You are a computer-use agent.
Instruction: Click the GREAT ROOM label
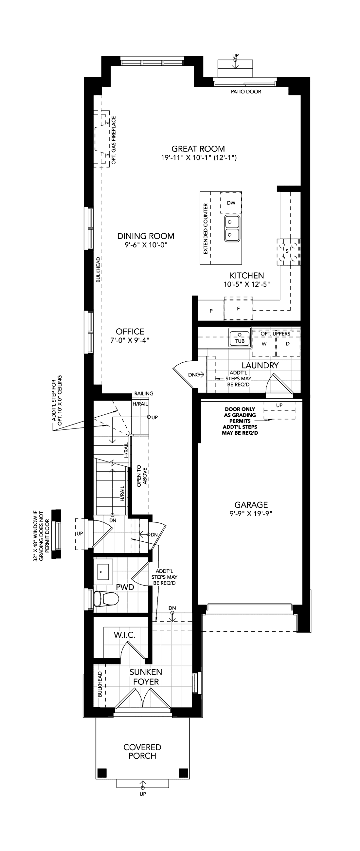[198, 149]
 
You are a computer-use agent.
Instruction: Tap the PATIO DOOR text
[246, 92]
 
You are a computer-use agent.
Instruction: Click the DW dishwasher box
[231, 203]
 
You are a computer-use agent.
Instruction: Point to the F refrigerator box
[239, 309]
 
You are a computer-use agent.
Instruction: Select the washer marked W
[264, 344]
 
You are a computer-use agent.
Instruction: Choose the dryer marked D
[288, 344]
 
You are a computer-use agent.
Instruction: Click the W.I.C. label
[125, 635]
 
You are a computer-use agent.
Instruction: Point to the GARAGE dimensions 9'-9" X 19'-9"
[251, 513]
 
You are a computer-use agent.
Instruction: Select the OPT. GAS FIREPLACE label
[114, 140]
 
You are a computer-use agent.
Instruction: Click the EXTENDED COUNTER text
[206, 228]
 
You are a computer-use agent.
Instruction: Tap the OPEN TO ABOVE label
[142, 476]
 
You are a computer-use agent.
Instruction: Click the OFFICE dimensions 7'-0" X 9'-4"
[130, 340]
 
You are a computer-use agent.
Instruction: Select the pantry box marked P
[211, 311]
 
